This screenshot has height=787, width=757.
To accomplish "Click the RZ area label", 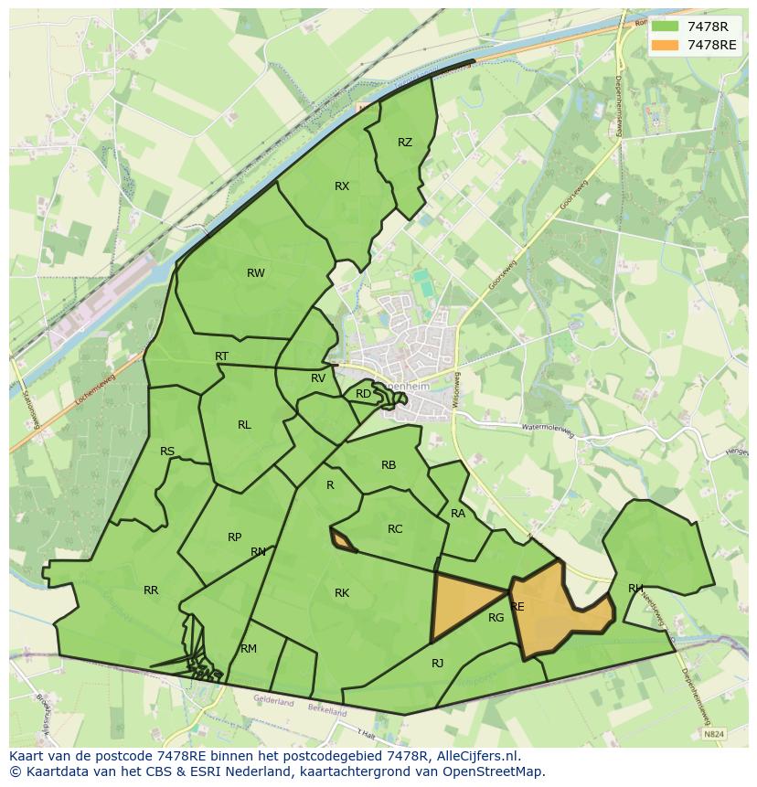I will coord(405,143).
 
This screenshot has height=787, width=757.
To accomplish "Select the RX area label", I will coord(342,186).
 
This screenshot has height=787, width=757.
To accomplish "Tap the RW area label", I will coord(256,273).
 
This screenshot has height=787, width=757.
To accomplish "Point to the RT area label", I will coord(222,356).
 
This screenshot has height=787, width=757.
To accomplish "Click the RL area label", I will coord(244,425).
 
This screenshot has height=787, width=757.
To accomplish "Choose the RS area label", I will coord(167,452).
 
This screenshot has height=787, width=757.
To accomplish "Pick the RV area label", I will coord(318,378).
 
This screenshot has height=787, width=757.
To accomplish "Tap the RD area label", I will coord(363,394).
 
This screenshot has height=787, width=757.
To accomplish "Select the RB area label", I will coord(389,465).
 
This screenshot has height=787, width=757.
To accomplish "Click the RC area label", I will coord(395,529).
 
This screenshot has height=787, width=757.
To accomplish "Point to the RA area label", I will coord(458,514).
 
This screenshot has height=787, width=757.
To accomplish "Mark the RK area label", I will coord(342,593).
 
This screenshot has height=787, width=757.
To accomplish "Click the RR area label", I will coord(151,590).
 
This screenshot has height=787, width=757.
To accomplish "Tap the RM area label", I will coord(249,649).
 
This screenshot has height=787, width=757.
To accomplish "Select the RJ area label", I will coord(437,664).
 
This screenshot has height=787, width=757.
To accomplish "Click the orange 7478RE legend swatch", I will coord(666,45).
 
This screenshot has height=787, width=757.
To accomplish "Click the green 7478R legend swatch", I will coord(666,27).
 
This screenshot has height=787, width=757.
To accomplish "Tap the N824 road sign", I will coord(714,733).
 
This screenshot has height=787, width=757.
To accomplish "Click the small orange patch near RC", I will coord(343,541).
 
